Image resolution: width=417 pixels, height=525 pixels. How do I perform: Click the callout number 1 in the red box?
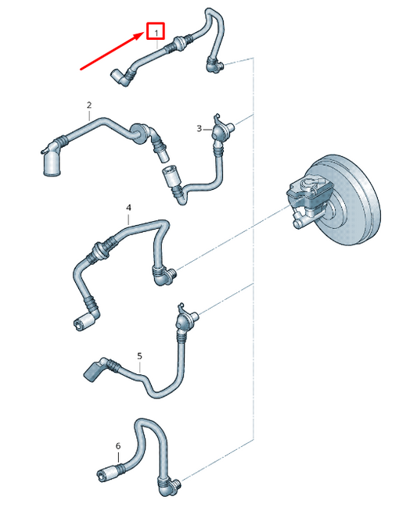pyautogui.click(x=156, y=33)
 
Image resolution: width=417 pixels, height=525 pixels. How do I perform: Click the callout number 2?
pyautogui.click(x=89, y=105)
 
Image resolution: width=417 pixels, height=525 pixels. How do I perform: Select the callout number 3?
pyautogui.click(x=200, y=129)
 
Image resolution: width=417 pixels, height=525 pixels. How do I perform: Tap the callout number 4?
pyautogui.click(x=129, y=208)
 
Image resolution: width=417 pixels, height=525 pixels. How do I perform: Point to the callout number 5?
pyautogui.click(x=139, y=356)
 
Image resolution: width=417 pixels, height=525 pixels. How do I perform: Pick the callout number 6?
pyautogui.click(x=118, y=446)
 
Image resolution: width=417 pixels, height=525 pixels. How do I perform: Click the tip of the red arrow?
pyautogui.click(x=145, y=33)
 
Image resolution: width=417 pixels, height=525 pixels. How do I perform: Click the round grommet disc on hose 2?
pyautogui.click(x=138, y=134)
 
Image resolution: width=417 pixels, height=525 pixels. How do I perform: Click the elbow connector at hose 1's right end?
pyautogui.click(x=214, y=65)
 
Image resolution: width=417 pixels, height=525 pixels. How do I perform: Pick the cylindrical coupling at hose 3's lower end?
pyautogui.click(x=171, y=177)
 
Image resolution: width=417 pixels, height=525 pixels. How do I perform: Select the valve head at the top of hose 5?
pyautogui.click(x=186, y=318)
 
